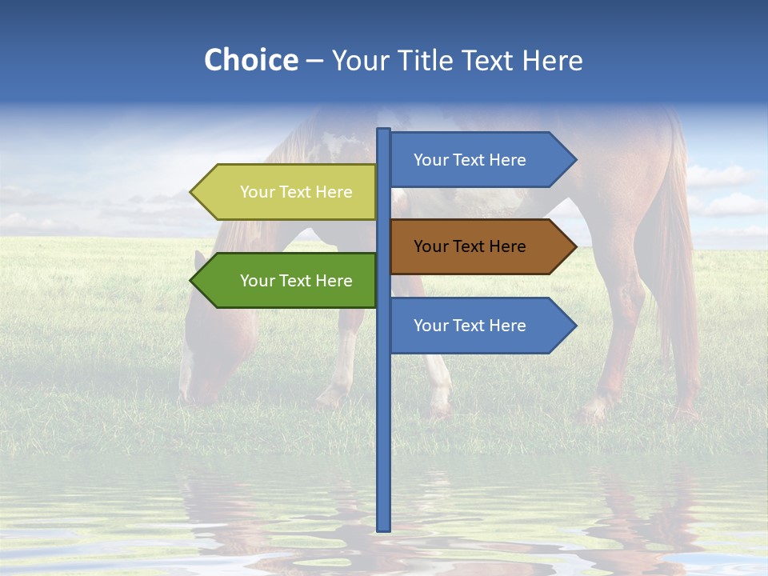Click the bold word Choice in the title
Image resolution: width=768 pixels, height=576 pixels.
[250, 60]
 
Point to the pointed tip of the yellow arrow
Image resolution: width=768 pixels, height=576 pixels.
[192, 192]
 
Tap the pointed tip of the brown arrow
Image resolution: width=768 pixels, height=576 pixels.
[574, 246]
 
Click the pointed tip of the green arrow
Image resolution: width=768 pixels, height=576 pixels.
[192, 281]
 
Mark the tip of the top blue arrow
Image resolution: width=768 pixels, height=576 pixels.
[574, 160]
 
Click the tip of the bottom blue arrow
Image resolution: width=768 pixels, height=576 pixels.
[574, 326]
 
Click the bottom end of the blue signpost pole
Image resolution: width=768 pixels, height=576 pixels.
[384, 528]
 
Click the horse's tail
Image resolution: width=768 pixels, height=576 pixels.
[676, 264]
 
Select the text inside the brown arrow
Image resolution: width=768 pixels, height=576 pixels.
[470, 246]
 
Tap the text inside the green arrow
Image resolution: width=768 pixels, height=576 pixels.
[296, 281]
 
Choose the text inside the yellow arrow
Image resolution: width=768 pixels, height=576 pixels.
[296, 192]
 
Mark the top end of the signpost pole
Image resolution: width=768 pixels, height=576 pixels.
[384, 130]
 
